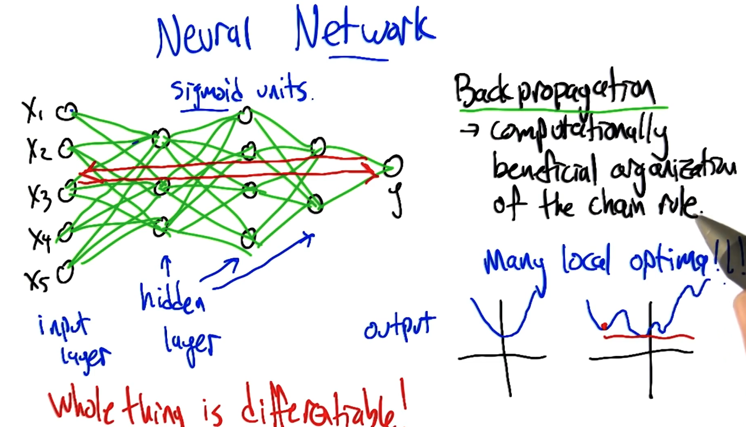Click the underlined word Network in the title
[x=364, y=30]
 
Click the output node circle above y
[x=394, y=165]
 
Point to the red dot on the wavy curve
[x=603, y=326]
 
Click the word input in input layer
[x=63, y=327]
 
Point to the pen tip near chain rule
[x=699, y=217]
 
